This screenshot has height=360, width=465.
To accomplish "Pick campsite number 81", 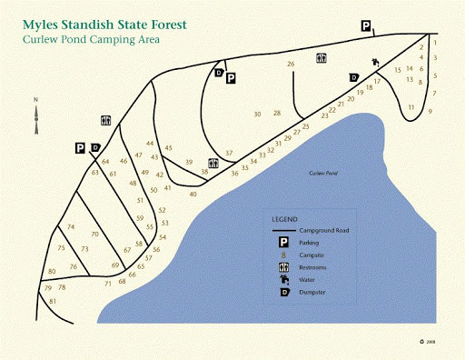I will coord(53,300).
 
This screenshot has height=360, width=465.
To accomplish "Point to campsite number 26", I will coord(291,65).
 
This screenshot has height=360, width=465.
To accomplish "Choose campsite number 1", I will coord(435,43).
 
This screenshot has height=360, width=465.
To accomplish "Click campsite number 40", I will coord(193,194).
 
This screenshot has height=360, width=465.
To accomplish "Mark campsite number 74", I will coord(70,226).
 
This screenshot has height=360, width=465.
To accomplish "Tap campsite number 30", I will coord(258,115).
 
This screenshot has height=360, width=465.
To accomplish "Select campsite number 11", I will coord(411,107).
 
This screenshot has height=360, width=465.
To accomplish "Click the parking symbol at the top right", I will coord(366,28).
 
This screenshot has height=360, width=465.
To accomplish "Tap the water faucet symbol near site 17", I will coord(374,64).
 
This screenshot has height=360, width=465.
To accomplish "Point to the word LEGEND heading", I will coord(284,219).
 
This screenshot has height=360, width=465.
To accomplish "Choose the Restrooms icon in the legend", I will coord(283,268).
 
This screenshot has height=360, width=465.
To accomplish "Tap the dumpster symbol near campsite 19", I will coord(354,77).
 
